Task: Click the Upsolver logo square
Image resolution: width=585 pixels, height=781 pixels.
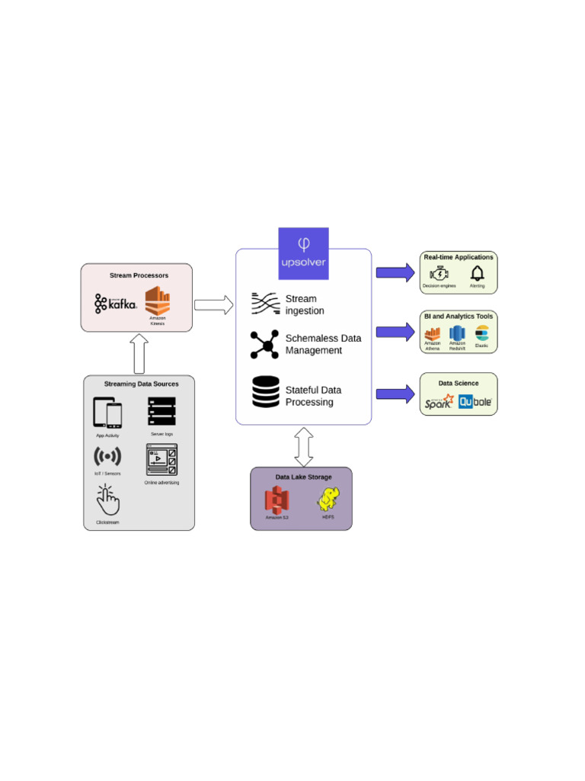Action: [x=303, y=252]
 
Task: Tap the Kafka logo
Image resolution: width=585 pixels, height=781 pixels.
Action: [x=116, y=303]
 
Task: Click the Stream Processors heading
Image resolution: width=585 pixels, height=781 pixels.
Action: [x=139, y=275]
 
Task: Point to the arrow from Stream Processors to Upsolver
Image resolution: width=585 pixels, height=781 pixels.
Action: [x=213, y=305]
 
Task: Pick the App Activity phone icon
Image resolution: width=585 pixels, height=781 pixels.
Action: [x=107, y=413]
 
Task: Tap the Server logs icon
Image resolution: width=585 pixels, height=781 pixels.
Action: [x=161, y=411]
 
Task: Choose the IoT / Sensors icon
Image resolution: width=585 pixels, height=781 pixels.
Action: [x=107, y=456]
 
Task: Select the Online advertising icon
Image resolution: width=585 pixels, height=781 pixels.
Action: [x=161, y=460]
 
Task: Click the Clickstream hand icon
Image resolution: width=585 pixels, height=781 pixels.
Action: [x=107, y=500]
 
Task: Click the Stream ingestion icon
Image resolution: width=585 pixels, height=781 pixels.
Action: [x=266, y=304]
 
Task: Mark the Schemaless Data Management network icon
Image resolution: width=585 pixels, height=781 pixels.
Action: [x=264, y=345]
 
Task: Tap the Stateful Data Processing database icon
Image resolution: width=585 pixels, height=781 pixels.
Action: [x=266, y=392]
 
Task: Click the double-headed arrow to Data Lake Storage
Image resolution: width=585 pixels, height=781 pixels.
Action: [x=304, y=446]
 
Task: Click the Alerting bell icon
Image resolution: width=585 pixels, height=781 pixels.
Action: [x=478, y=273]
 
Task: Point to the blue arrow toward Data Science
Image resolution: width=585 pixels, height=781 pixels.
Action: [x=395, y=394]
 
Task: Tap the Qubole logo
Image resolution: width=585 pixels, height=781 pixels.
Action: [x=475, y=401]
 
